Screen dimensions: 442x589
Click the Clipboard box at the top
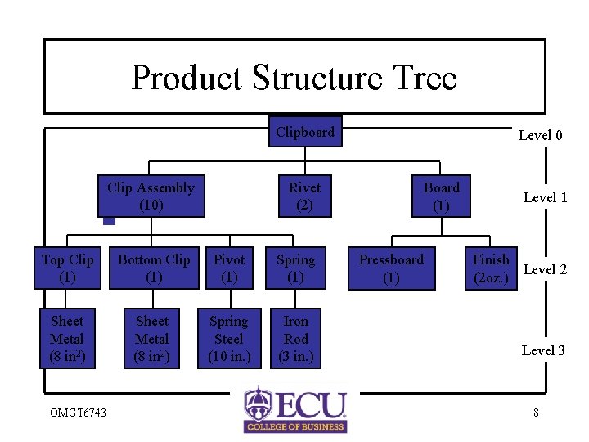click(305, 132)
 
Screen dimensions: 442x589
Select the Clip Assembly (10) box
click(151, 196)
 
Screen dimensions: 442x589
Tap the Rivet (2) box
click(304, 196)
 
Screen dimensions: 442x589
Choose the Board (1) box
click(442, 196)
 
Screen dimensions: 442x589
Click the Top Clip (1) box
click(68, 268)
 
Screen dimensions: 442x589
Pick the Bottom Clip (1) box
click(154, 268)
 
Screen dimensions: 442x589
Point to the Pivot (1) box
click(229, 268)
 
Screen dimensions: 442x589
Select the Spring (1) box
click(295, 268)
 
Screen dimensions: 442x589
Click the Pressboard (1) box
click(391, 268)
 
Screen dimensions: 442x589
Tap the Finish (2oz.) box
click(491, 268)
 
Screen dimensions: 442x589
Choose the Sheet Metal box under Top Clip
click(67, 338)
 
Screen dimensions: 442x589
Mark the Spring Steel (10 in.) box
click(228, 338)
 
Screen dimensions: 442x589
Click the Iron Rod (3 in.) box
click(296, 338)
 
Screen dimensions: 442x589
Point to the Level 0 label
click(540, 135)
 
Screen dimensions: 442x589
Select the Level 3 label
click(543, 350)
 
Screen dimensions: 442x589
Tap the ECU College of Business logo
click(295, 409)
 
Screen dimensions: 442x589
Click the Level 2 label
click(545, 269)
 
